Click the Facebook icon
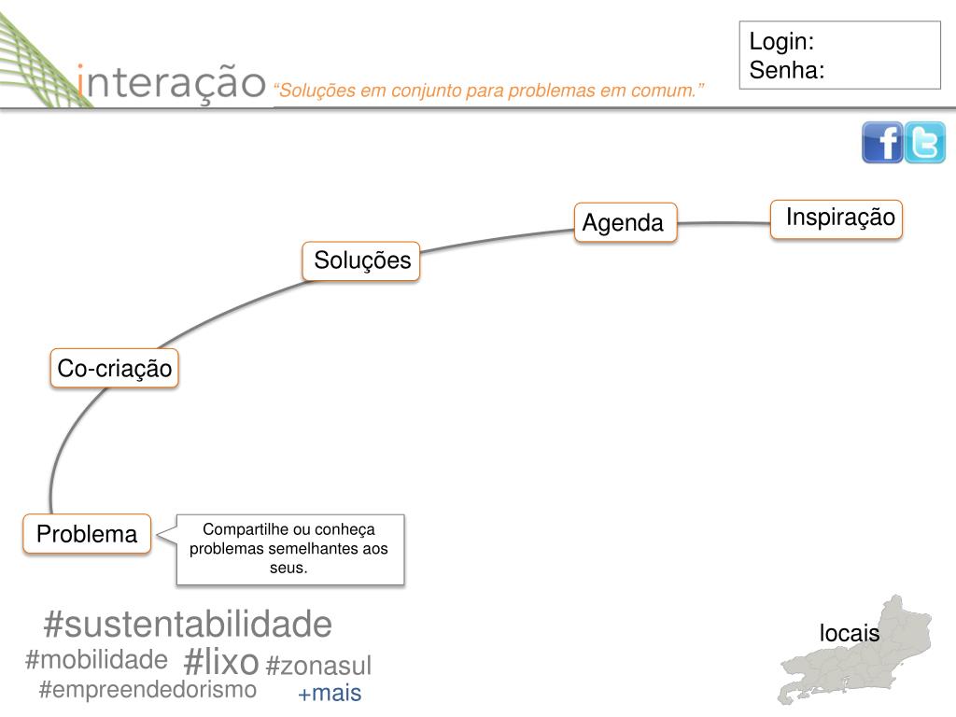882,143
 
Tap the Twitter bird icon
925,143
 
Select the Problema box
87,534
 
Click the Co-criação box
114,369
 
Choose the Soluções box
361,260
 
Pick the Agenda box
625,222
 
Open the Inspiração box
837,218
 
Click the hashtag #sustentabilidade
188,624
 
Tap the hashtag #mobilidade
96,660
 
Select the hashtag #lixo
221,662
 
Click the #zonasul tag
318,666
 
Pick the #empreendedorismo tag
148,690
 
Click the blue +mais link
330,694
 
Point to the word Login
781,42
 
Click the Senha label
786,70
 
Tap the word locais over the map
850,633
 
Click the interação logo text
172,81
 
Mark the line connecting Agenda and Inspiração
724,223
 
